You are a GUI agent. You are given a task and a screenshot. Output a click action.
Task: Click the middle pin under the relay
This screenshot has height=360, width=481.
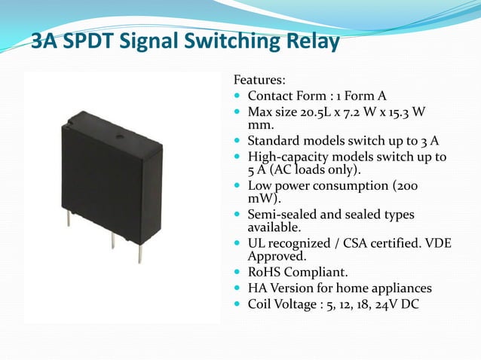113,239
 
